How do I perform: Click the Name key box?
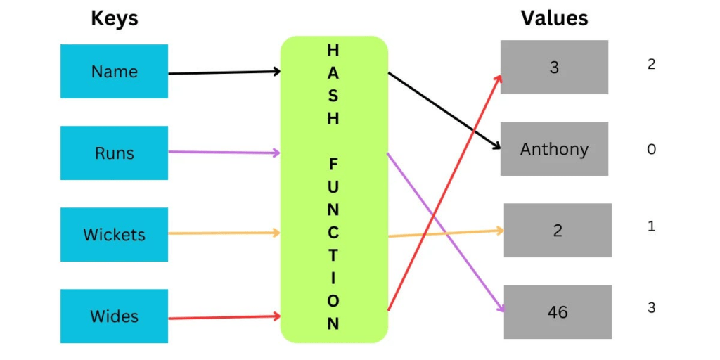(x=114, y=71)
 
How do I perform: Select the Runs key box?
(x=114, y=153)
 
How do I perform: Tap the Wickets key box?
(x=114, y=234)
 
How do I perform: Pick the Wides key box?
(x=114, y=316)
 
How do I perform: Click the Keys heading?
(x=115, y=19)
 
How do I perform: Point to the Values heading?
(x=554, y=18)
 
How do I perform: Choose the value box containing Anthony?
(x=554, y=149)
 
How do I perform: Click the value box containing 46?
(x=558, y=311)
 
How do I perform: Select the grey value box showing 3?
(x=554, y=67)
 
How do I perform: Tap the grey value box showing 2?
(x=558, y=230)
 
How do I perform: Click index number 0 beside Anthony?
(x=651, y=149)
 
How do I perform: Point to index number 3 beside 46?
(x=651, y=307)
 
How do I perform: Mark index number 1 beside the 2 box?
(x=651, y=226)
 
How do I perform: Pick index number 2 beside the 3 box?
(x=651, y=64)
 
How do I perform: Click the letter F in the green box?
(x=333, y=164)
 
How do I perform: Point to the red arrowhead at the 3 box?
(x=499, y=77)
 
